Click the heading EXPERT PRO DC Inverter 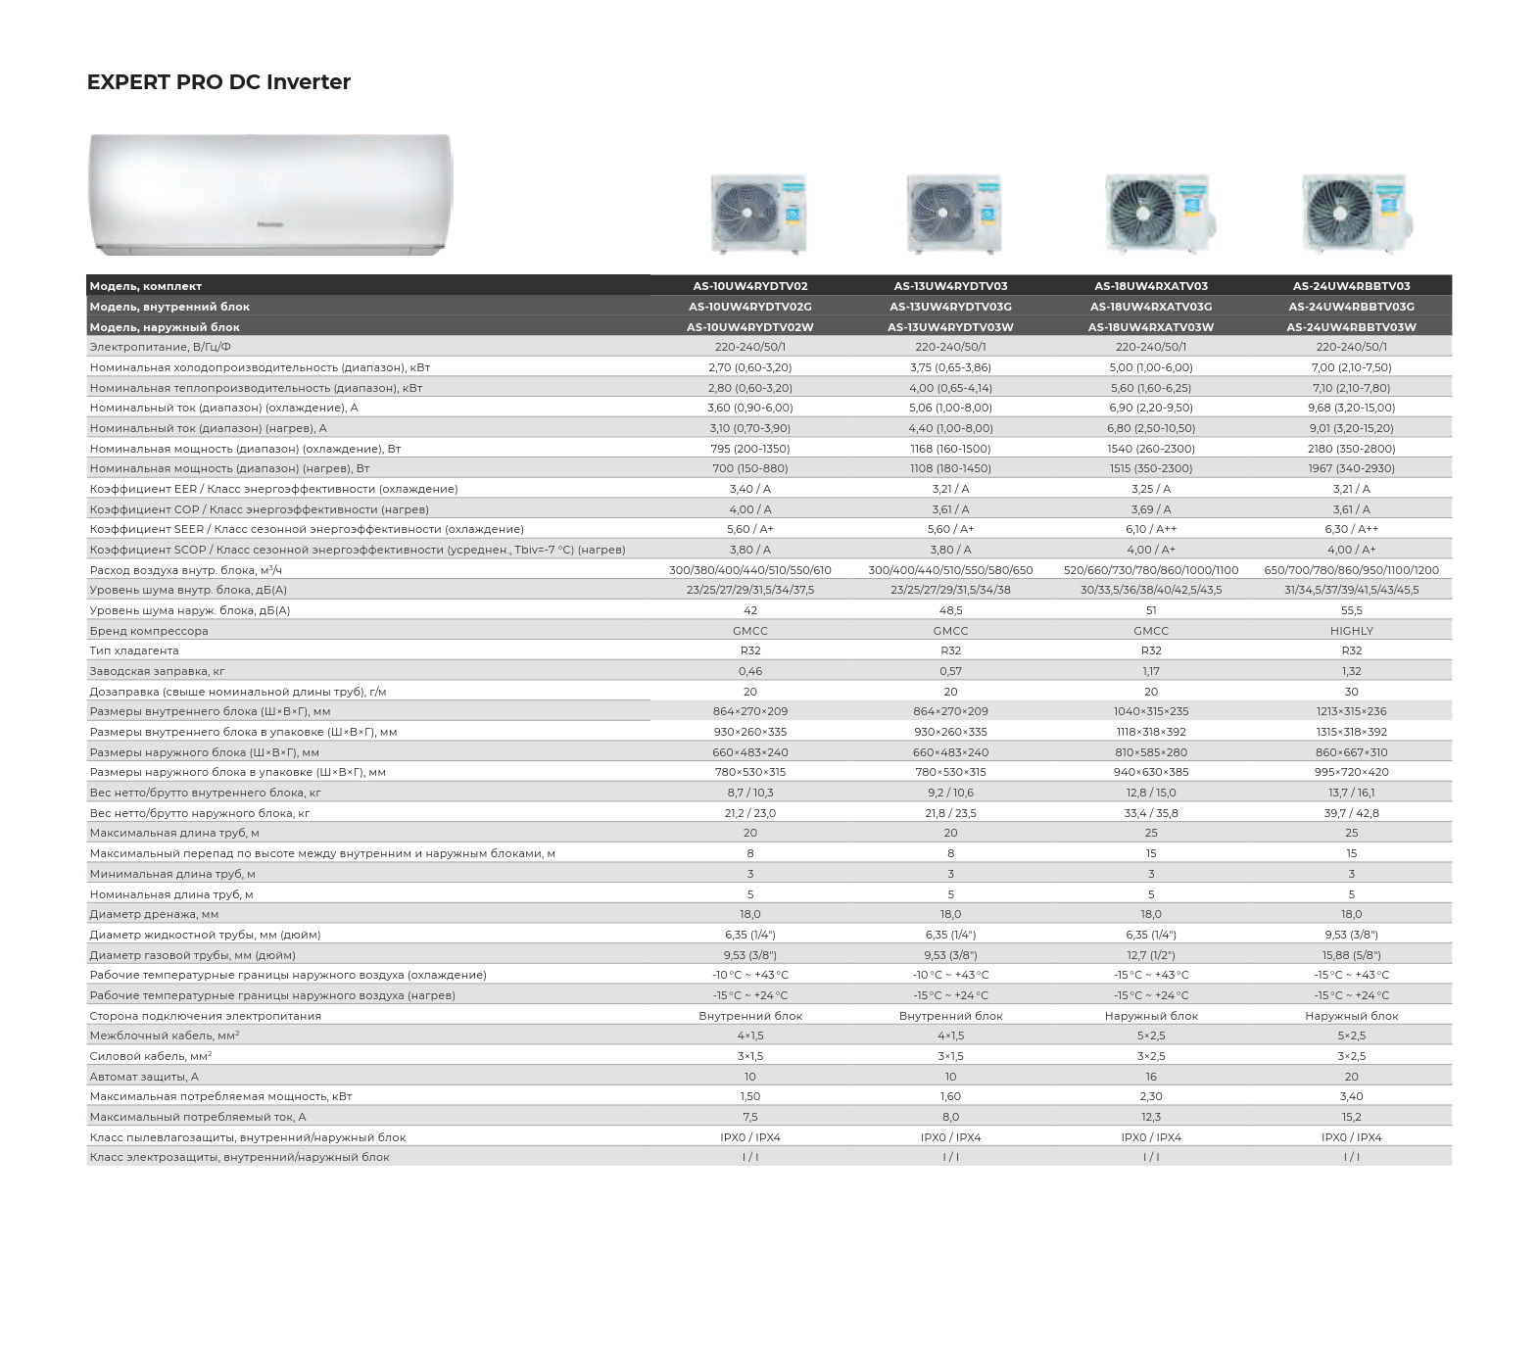pos(218,82)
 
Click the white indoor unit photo pos(270,194)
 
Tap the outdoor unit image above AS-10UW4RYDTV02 pos(757,214)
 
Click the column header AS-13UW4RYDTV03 pos(950,286)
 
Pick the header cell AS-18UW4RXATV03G pos(1151,307)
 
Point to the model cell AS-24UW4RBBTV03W pos(1351,327)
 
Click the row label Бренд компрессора pos(149,631)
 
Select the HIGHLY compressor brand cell pos(1351,631)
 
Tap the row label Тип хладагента pos(134,650)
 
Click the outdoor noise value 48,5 pos(950,610)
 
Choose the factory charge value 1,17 pos(1151,671)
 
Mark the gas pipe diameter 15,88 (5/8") pos(1351,955)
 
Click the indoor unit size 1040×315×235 pos(1151,711)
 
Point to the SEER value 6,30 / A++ pos(1351,529)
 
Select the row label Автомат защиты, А pos(144,1077)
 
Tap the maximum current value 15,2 pos(1351,1117)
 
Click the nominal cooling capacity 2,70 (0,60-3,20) pos(749,367)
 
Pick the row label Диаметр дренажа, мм pos(154,914)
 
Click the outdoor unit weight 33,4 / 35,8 pos(1151,813)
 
